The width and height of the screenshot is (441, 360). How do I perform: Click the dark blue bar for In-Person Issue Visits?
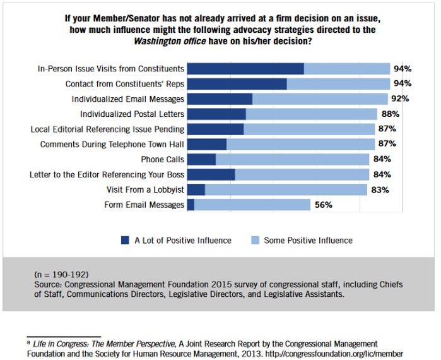(245, 68)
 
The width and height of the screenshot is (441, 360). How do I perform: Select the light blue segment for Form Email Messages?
(252, 205)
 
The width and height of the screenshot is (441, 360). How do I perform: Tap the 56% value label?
(324, 205)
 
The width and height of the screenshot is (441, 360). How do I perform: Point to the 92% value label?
(400, 99)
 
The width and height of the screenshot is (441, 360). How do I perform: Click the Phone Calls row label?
(163, 159)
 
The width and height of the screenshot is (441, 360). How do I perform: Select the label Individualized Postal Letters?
(132, 114)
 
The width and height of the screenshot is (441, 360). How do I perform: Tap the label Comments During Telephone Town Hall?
(112, 144)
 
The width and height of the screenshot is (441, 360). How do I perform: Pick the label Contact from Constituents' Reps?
(125, 83)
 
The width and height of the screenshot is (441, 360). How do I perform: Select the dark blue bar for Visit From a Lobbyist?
(196, 189)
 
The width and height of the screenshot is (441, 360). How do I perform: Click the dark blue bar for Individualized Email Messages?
(220, 99)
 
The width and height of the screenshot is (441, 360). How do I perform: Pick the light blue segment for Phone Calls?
(292, 159)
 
